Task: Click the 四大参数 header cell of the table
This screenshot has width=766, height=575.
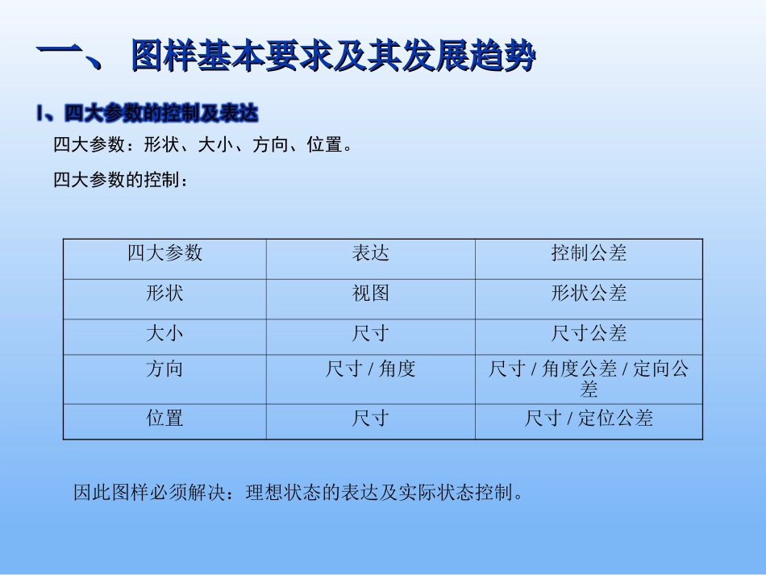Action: point(164,253)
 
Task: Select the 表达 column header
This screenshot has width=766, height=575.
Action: point(371,253)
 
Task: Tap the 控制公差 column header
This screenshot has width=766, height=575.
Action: point(589,253)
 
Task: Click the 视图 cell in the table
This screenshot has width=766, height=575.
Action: point(371,294)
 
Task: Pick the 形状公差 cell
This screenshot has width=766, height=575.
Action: point(589,294)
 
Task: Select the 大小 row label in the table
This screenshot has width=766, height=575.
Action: point(164,334)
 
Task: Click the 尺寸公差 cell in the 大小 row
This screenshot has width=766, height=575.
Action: point(589,334)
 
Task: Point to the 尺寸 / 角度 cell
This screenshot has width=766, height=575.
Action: point(371,369)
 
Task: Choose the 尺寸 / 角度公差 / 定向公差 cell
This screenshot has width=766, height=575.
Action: point(589,379)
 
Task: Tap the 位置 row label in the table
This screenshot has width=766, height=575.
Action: point(164,418)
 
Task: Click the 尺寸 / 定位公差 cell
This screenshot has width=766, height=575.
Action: point(589,418)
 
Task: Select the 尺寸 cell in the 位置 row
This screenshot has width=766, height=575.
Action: point(371,418)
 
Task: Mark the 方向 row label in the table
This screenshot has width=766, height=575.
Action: point(164,369)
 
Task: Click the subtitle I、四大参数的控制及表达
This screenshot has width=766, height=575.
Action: point(147,114)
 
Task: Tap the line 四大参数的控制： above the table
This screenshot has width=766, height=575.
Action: point(121,181)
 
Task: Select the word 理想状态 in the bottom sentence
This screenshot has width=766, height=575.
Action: point(280,492)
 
